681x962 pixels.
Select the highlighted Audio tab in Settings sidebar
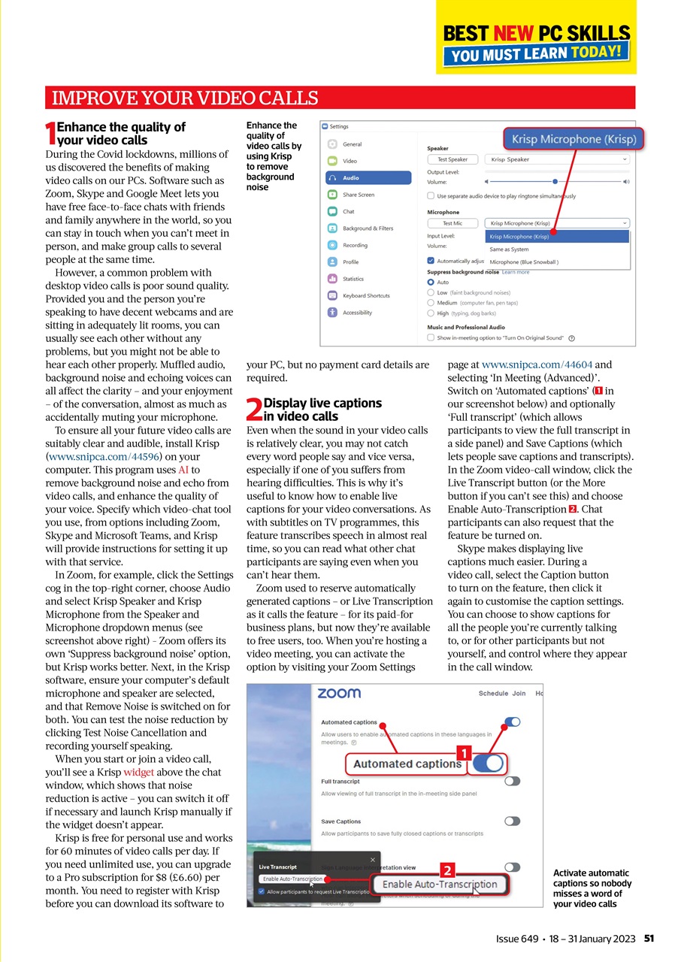pos(368,178)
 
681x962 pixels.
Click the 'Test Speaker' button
pos(453,159)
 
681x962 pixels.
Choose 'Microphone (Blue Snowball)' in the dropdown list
pos(524,262)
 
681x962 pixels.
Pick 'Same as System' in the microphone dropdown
pos(509,250)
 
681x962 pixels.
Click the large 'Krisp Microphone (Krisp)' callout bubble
pos(574,139)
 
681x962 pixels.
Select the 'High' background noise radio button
pos(431,313)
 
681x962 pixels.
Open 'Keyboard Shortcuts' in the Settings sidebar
pos(366,295)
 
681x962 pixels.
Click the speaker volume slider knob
pos(555,181)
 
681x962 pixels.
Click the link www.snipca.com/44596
pos(105,456)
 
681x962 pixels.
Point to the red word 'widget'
pos(139,772)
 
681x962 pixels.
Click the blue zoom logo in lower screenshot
pos(338,693)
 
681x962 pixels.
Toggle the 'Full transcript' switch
pos(513,782)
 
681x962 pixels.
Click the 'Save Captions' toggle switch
pos(513,821)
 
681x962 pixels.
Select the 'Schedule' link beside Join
pos(493,694)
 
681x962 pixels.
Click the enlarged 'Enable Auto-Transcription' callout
pos(439,885)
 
